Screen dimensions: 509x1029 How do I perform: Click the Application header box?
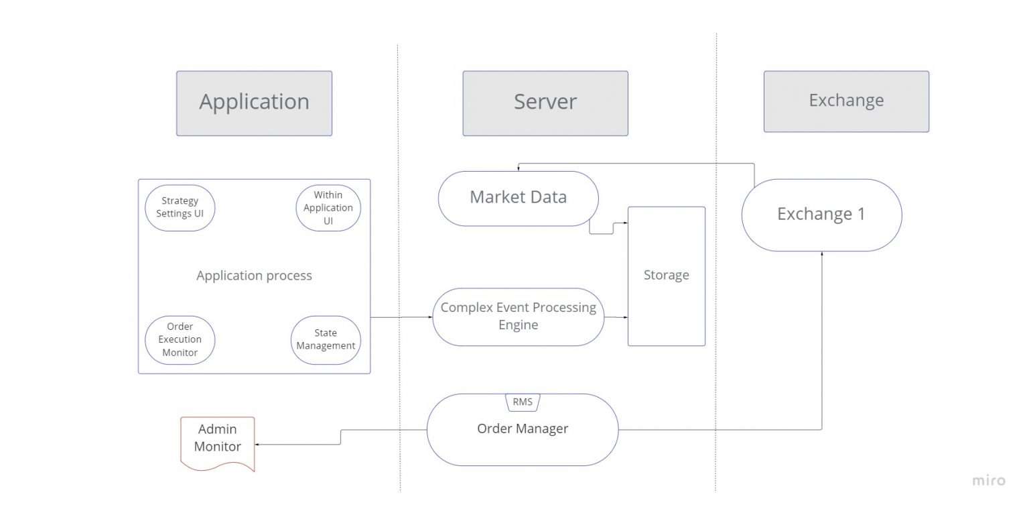click(254, 103)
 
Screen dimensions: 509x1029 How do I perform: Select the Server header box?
click(545, 103)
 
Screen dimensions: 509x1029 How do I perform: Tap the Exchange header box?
click(846, 101)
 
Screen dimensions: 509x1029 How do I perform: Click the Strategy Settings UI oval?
click(180, 208)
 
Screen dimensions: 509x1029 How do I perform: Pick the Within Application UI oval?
click(328, 208)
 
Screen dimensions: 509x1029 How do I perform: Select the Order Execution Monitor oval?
click(180, 339)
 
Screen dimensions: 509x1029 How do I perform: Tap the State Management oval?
click(326, 339)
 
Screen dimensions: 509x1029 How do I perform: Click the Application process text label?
click(254, 276)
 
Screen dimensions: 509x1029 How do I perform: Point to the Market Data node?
click(518, 198)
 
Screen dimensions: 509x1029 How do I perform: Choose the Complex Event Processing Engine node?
click(518, 317)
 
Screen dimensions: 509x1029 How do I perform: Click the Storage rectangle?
click(666, 276)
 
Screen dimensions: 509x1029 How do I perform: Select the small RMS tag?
click(522, 402)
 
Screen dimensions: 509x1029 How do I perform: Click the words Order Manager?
click(523, 429)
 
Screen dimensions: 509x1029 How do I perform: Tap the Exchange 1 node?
click(821, 215)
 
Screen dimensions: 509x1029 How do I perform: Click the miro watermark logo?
click(988, 480)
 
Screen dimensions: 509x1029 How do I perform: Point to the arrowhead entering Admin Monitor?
click(259, 444)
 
